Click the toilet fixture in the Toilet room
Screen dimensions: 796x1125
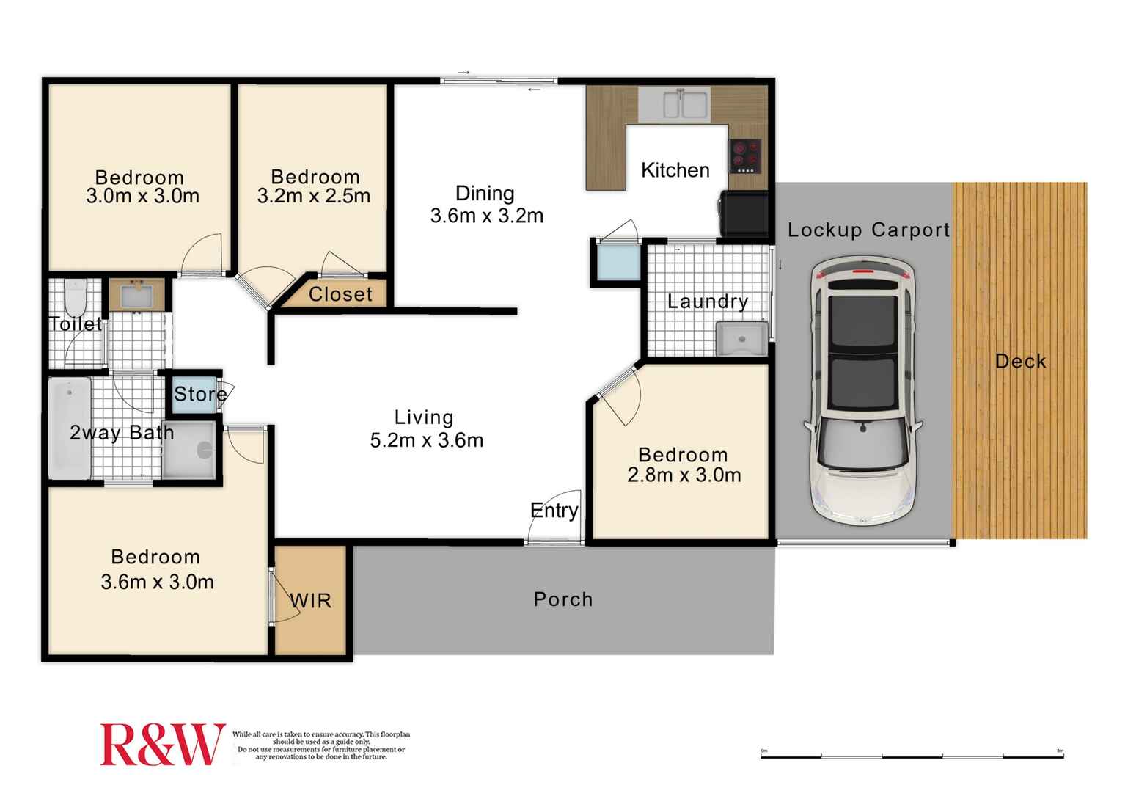(x=75, y=297)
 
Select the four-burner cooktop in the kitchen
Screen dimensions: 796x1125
(x=744, y=156)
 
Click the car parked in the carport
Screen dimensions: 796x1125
(x=863, y=390)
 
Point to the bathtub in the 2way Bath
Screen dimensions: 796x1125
(x=69, y=428)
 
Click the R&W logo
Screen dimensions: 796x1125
(x=161, y=745)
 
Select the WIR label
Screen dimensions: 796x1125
(x=311, y=601)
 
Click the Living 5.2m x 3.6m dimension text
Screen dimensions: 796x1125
(x=426, y=440)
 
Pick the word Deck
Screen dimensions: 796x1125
(x=1020, y=361)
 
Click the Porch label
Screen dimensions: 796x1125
(x=562, y=599)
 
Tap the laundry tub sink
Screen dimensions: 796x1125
(x=741, y=340)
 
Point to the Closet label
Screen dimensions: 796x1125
(x=340, y=294)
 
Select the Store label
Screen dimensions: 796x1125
(x=199, y=394)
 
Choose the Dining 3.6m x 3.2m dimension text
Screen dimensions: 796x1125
(x=486, y=216)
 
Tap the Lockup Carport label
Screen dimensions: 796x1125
(x=868, y=230)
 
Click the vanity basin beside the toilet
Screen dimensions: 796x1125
(x=136, y=296)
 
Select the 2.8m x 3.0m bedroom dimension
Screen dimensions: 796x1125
(x=684, y=475)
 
